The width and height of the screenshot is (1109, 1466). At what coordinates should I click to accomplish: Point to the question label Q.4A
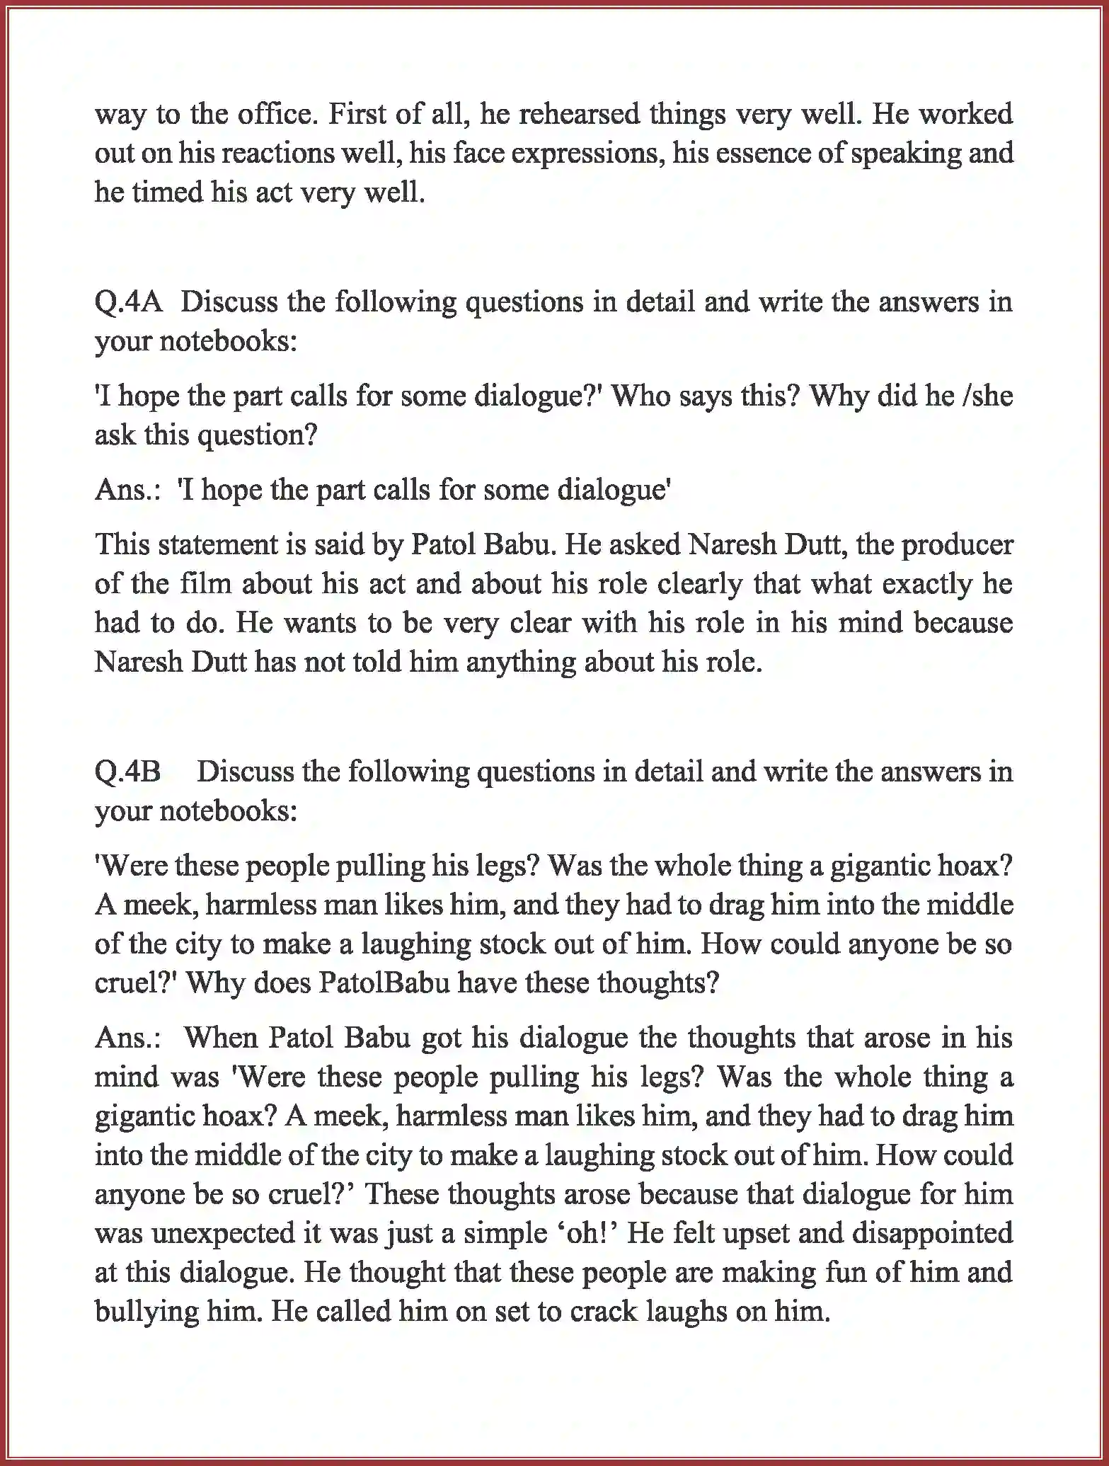click(x=129, y=303)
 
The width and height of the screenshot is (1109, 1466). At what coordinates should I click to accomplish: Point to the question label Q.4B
click(x=128, y=772)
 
